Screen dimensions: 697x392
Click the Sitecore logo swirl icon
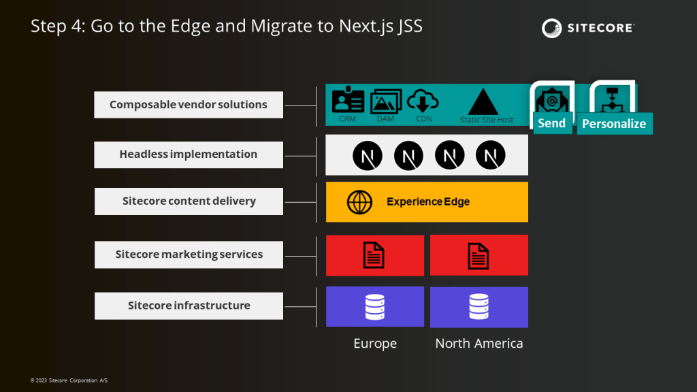tap(551, 28)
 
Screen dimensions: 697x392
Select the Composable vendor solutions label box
tap(189, 105)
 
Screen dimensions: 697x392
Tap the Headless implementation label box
tap(189, 154)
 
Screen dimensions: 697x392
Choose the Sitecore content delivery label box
tap(189, 201)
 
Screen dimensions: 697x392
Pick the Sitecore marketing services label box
tap(189, 255)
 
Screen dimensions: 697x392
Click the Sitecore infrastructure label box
tap(189, 306)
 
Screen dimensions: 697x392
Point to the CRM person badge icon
tap(348, 99)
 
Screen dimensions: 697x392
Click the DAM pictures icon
tap(386, 101)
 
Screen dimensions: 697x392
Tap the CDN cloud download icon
tap(423, 101)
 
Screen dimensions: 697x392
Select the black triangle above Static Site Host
tap(483, 102)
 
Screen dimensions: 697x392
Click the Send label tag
tap(551, 123)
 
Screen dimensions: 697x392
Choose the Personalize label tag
tap(615, 124)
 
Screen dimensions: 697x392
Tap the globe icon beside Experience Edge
tap(359, 202)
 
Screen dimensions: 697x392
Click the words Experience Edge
tap(428, 201)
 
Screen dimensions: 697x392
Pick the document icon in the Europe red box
tap(374, 255)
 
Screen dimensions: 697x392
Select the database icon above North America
tap(479, 307)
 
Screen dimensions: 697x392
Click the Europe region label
tap(375, 343)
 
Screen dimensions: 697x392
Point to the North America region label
tap(479, 343)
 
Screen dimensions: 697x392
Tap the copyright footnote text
tap(69, 380)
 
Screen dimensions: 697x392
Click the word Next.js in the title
tap(366, 27)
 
